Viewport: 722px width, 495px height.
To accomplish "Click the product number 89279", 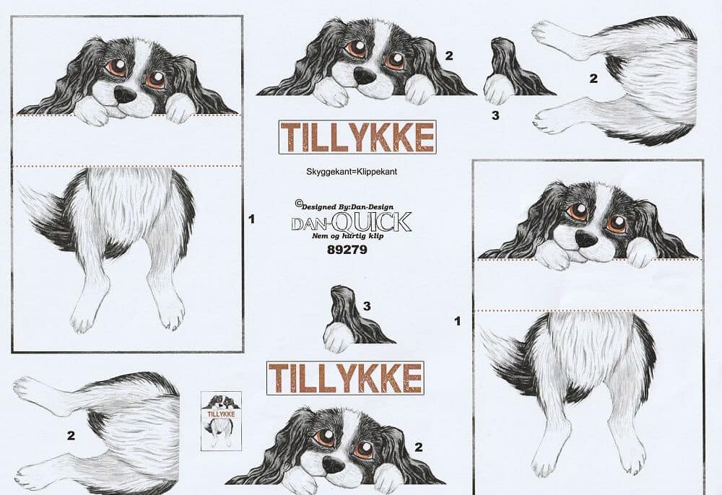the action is (x=347, y=250).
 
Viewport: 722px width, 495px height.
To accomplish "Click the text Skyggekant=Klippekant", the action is (x=352, y=172).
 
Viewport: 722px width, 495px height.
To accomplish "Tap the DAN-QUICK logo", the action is (x=352, y=222).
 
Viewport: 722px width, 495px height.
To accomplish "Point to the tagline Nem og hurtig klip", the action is (x=348, y=236).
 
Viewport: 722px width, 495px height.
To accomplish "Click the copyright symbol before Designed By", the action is (x=298, y=203).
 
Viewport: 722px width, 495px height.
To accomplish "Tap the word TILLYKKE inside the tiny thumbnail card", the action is (x=221, y=414).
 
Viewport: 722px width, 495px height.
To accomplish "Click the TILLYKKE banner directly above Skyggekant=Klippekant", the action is (x=357, y=137).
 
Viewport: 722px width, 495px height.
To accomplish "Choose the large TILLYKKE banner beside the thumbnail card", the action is (x=345, y=378).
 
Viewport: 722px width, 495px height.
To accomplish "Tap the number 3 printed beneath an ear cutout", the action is (x=495, y=115).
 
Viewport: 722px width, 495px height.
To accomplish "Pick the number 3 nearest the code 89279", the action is (x=367, y=306).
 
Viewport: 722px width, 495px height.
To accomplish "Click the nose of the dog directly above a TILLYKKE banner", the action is (x=365, y=76).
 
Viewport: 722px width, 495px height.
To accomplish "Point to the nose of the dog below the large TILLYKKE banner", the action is (x=333, y=465).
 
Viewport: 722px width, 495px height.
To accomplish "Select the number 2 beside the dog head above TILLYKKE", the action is (x=449, y=56).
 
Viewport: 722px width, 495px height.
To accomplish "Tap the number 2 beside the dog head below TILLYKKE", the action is (x=418, y=447).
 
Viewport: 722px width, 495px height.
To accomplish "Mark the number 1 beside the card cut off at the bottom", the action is (x=457, y=321).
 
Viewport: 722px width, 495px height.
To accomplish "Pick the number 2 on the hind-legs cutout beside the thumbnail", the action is (x=71, y=436).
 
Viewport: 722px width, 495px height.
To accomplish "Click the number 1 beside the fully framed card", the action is (x=251, y=219).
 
